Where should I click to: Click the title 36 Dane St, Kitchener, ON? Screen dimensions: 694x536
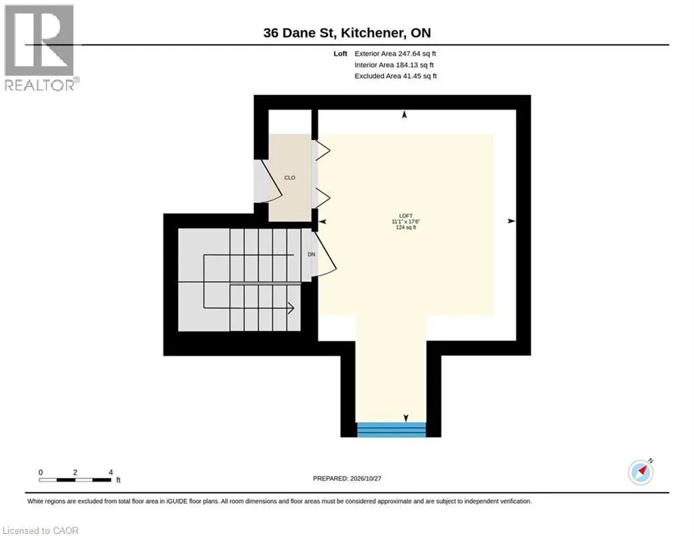347,33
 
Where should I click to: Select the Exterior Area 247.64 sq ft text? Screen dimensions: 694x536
395,54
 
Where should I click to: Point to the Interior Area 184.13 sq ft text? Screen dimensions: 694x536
394,65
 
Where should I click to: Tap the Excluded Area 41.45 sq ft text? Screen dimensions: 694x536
396,76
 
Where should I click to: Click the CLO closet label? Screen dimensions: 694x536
290,177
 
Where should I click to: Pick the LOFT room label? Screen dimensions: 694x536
406,216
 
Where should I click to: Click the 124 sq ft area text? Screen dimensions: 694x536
406,227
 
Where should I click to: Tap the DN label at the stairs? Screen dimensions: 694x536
311,255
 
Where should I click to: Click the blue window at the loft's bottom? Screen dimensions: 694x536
391,430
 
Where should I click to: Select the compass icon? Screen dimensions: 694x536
641,472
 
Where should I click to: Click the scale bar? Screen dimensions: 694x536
75,479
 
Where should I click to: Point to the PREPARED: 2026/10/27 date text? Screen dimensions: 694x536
347,479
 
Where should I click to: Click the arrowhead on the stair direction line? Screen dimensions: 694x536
290,308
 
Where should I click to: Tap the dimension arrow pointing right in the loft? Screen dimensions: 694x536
511,221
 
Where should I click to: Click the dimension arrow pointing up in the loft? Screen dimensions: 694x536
404,114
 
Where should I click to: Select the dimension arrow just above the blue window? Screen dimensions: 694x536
406,418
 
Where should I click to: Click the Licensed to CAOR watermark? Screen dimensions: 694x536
40,530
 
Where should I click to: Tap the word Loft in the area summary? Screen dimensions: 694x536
340,54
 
